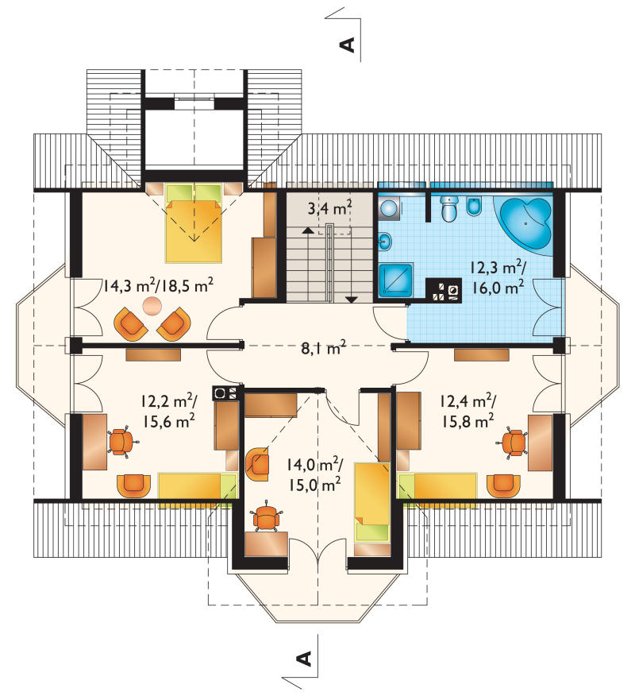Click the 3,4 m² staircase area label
tap(330, 207)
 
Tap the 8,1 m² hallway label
tap(324, 348)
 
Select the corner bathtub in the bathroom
tap(526, 225)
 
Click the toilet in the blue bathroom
tap(449, 207)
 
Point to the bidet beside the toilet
tap(474, 207)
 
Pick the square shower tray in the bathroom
tap(396, 280)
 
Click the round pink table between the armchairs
tap(152, 306)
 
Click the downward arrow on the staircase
tap(352, 300)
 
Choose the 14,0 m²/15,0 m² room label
tap(314, 475)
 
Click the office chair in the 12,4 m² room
tap(514, 442)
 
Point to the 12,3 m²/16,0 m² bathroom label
tap(498, 278)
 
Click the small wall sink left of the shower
tap(384, 242)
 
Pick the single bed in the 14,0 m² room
tap(372, 501)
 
